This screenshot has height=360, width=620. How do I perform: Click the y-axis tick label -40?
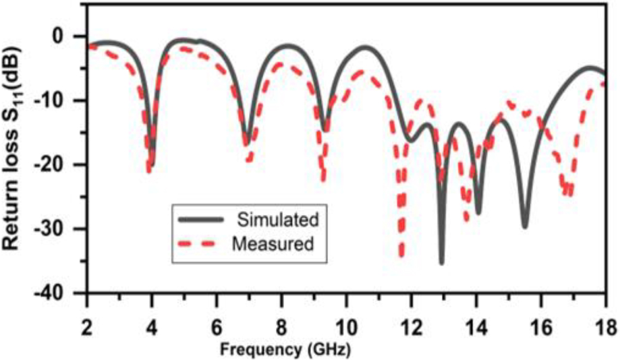(x=65, y=293)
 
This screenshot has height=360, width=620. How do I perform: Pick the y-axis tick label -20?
(x=65, y=164)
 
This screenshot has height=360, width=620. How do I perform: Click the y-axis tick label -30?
(x=65, y=229)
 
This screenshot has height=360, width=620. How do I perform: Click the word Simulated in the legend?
(x=277, y=219)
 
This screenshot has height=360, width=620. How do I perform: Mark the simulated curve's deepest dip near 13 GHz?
(x=442, y=262)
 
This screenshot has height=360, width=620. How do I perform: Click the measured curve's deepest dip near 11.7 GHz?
(x=402, y=255)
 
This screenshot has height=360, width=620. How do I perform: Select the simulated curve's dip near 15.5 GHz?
(x=524, y=226)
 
